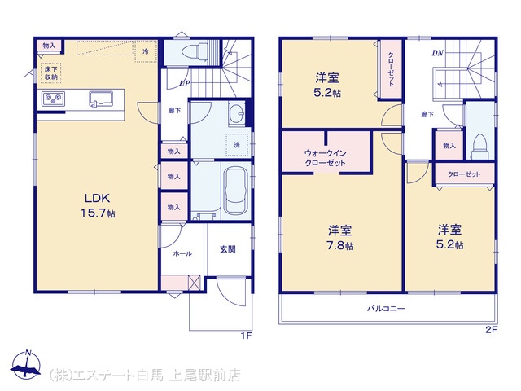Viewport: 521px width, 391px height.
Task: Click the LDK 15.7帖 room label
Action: pyautogui.click(x=98, y=205)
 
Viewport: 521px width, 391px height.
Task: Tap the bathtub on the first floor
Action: pyautogui.click(x=236, y=191)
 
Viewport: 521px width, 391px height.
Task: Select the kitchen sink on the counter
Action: pyautogui.click(x=101, y=99)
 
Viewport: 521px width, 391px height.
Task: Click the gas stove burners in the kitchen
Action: pyautogui.click(x=53, y=99)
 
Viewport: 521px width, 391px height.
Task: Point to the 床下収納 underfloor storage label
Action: pyautogui.click(x=51, y=73)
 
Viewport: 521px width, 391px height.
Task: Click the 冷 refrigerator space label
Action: pyautogui.click(x=146, y=51)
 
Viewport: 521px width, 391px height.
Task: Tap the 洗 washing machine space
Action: pyautogui.click(x=237, y=145)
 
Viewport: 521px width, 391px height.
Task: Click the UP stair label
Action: pyautogui.click(x=185, y=83)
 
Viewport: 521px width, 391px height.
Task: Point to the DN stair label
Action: pyautogui.click(x=438, y=53)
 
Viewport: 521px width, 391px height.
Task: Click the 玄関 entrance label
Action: pyautogui.click(x=228, y=248)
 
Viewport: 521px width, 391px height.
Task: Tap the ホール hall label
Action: pyautogui.click(x=182, y=253)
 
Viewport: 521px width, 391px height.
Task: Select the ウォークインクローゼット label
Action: pyautogui.click(x=326, y=158)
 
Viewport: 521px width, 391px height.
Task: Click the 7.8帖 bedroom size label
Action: pyautogui.click(x=340, y=246)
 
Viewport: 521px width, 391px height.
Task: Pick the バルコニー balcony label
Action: pyautogui.click(x=386, y=309)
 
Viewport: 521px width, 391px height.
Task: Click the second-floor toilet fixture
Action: pyautogui.click(x=479, y=147)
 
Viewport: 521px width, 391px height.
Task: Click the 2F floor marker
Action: pyautogui.click(x=491, y=330)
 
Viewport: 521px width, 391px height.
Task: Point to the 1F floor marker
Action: pyautogui.click(x=247, y=336)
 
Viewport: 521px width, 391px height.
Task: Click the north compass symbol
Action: pyautogui.click(x=26, y=364)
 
